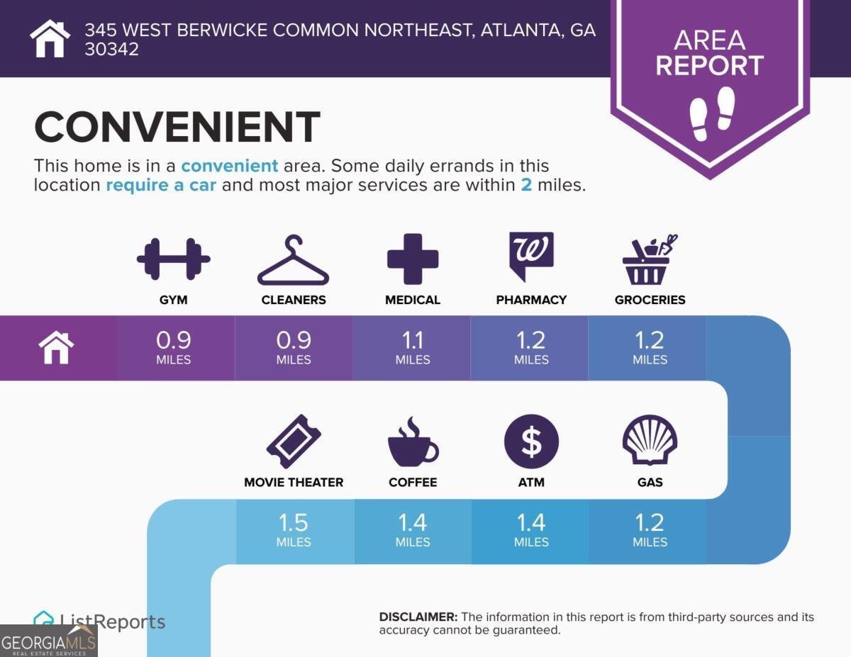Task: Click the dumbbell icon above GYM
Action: pos(173,259)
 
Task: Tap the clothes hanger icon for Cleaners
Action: pos(293,261)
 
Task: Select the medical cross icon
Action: pos(413,259)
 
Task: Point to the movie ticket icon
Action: pos(294,442)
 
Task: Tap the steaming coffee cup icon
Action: pos(413,442)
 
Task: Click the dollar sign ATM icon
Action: pos(531,442)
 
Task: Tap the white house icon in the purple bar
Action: pos(57,348)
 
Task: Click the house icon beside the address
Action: pos(50,38)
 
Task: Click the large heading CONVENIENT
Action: pos(177,128)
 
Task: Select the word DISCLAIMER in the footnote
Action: pos(418,617)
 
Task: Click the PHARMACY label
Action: pos(531,300)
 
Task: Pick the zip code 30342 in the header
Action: pos(112,50)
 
